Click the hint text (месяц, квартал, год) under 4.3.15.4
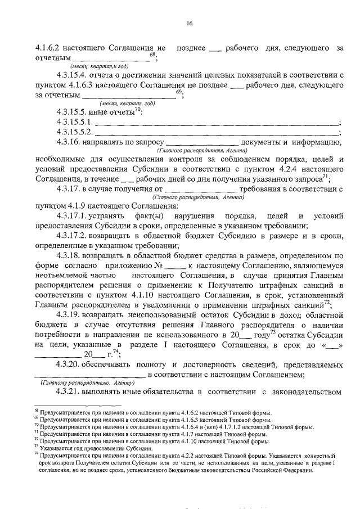126,103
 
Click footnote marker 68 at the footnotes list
36,412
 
